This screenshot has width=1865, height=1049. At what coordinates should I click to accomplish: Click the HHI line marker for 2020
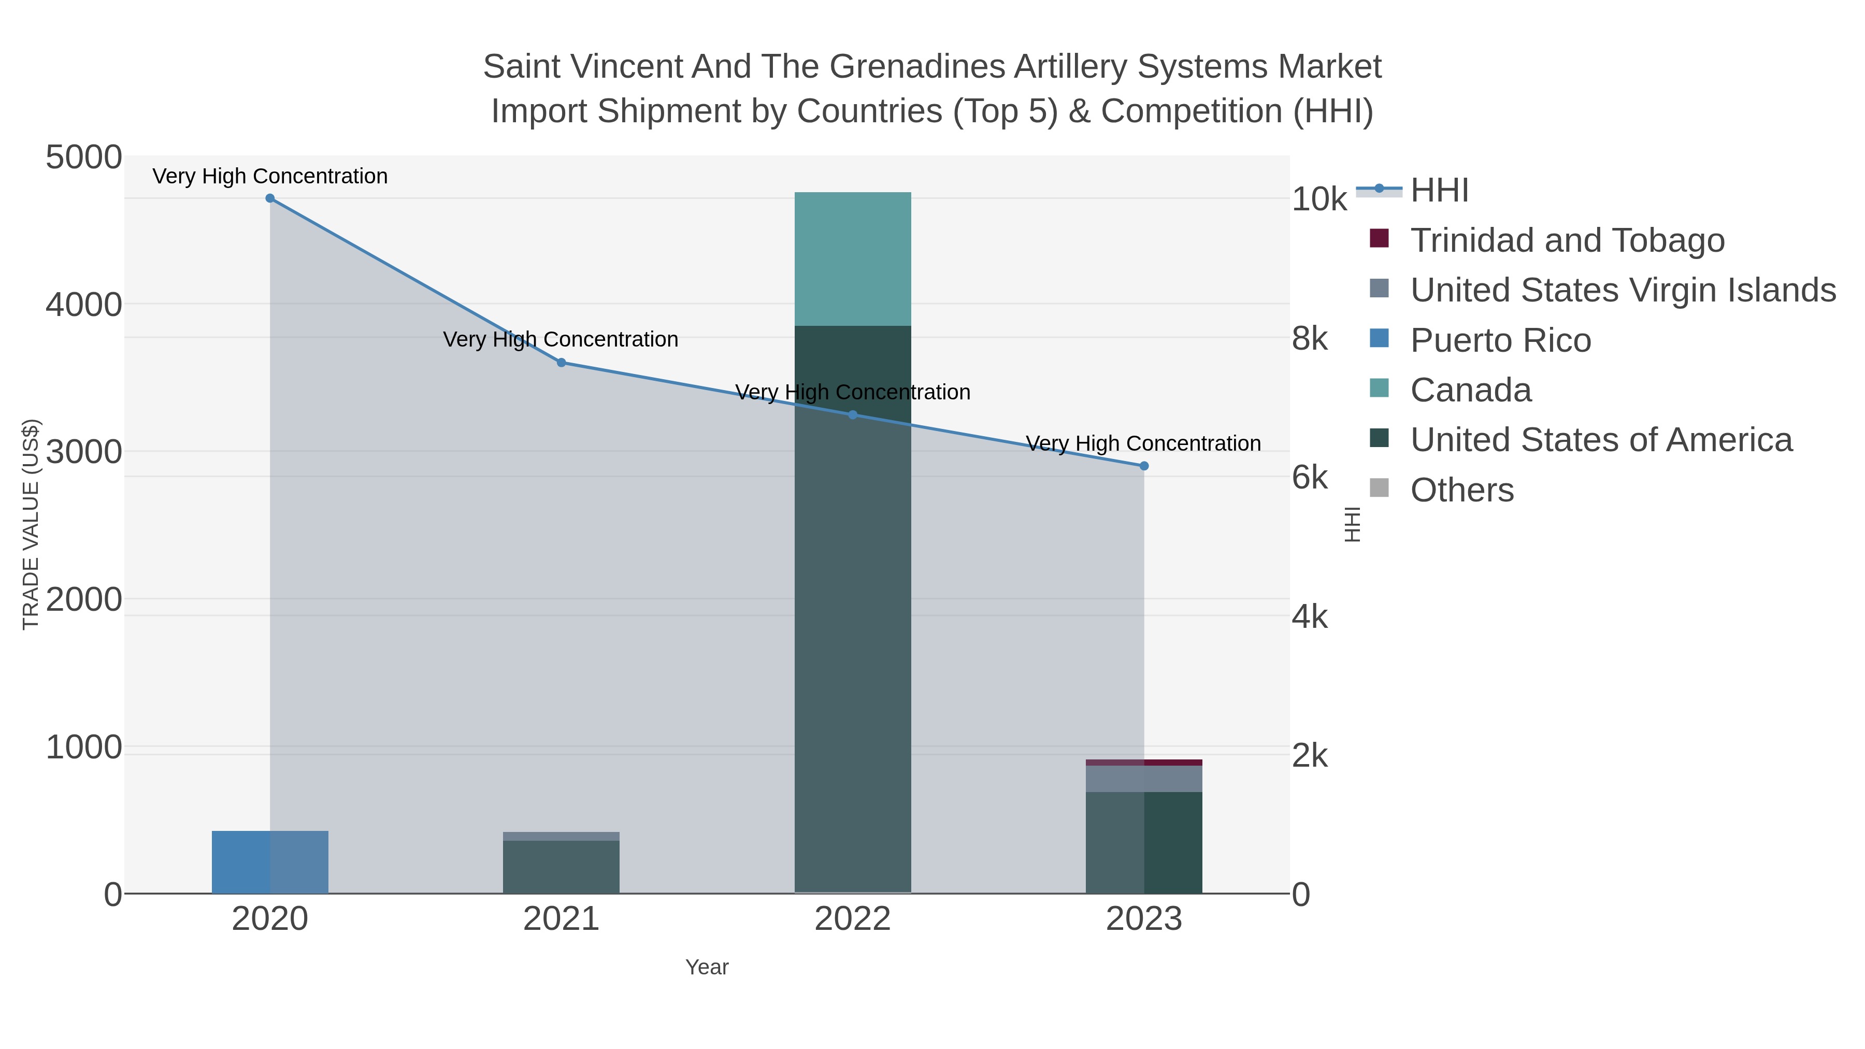pyautogui.click(x=270, y=198)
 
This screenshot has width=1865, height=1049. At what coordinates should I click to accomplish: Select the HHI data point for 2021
pyautogui.click(x=561, y=363)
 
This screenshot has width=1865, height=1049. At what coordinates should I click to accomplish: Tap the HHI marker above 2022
pyautogui.click(x=852, y=415)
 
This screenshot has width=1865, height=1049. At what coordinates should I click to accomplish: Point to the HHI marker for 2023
pyautogui.click(x=1144, y=466)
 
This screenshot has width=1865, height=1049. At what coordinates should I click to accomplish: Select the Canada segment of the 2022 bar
pyautogui.click(x=852, y=259)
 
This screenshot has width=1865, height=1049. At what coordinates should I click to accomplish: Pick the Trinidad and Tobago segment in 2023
pyautogui.click(x=1144, y=763)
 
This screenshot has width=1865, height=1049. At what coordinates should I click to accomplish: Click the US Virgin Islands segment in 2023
pyautogui.click(x=1144, y=778)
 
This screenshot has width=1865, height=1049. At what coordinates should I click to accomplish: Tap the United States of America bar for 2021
pyautogui.click(x=561, y=867)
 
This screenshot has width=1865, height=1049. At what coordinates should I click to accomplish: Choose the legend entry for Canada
pyautogui.click(x=1470, y=390)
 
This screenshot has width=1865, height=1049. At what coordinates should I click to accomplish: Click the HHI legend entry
pyautogui.click(x=1439, y=191)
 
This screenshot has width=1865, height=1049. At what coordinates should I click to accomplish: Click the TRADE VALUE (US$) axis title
pyautogui.click(x=31, y=524)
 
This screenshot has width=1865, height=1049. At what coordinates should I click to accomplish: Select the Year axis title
pyautogui.click(x=707, y=967)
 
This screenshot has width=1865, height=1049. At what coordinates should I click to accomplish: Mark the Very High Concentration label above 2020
pyautogui.click(x=270, y=177)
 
